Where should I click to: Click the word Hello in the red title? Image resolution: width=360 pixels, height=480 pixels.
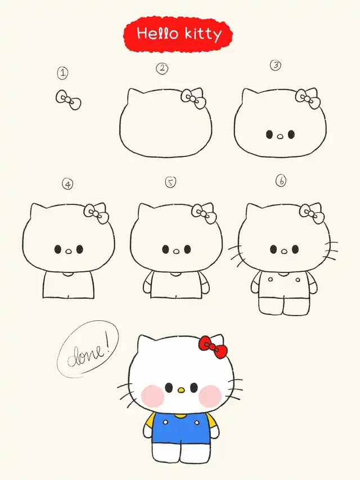pyautogui.click(x=157, y=33)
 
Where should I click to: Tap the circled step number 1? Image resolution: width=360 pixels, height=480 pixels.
pyautogui.click(x=63, y=73)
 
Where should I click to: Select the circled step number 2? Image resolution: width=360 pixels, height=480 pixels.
pyautogui.click(x=162, y=68)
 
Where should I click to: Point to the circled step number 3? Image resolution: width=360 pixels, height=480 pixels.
pyautogui.click(x=276, y=65)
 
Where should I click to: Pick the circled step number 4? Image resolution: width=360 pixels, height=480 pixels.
pyautogui.click(x=67, y=184)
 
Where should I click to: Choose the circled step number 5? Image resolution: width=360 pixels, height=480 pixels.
pyautogui.click(x=170, y=182)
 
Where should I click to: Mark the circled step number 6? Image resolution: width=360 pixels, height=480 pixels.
pyautogui.click(x=281, y=181)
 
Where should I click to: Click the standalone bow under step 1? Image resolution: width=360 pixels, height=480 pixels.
pyautogui.click(x=68, y=100)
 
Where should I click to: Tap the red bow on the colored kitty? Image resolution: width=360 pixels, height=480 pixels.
pyautogui.click(x=213, y=347)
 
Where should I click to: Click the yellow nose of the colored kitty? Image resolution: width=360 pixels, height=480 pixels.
pyautogui.click(x=181, y=390)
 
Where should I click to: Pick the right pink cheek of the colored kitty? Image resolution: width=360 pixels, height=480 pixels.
pyautogui.click(x=210, y=396)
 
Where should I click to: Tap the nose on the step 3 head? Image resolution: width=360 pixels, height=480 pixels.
pyautogui.click(x=280, y=137)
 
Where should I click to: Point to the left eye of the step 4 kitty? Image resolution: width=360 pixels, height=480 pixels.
pyautogui.click(x=57, y=249)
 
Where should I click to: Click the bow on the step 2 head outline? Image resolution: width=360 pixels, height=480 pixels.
pyautogui.click(x=193, y=98)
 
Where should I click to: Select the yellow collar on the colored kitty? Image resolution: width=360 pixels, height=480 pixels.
pyautogui.click(x=180, y=415)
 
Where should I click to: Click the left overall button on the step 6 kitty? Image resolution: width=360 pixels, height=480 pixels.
pyautogui.click(x=271, y=279)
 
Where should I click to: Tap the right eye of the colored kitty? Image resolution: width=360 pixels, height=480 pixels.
pyautogui.click(x=193, y=388)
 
